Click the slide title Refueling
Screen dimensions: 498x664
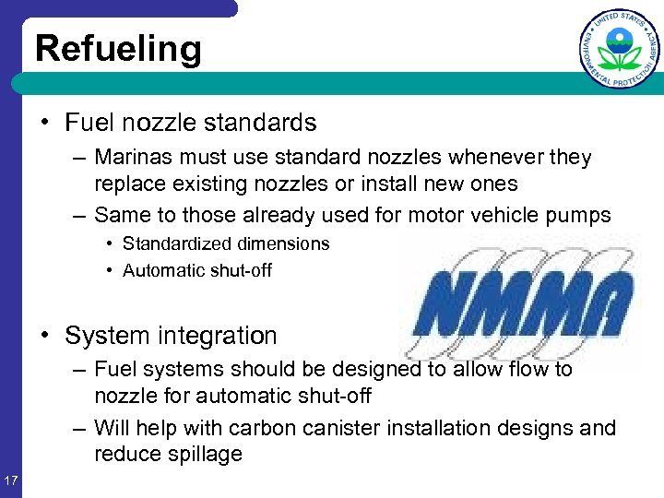click(x=118, y=48)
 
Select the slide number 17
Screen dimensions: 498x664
click(x=11, y=480)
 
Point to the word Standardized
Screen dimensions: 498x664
click(x=178, y=243)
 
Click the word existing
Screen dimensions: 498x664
click(x=202, y=184)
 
